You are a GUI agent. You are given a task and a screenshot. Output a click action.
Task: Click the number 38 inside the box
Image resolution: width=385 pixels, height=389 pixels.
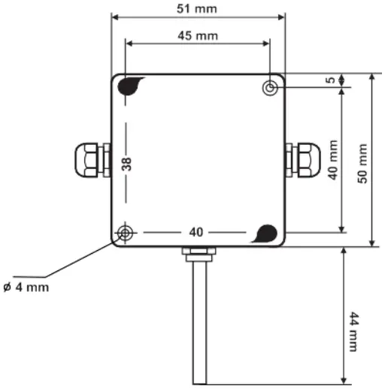point(127,163)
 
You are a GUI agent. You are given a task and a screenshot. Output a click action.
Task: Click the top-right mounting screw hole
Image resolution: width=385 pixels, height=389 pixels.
point(271,89)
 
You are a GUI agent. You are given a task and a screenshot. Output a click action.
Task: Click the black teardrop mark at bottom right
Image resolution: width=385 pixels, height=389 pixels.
point(265,233)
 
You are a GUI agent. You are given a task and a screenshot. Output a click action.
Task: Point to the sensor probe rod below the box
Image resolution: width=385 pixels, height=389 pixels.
point(199,323)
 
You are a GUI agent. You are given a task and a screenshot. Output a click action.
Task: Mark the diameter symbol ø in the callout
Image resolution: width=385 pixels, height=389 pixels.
point(8,287)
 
